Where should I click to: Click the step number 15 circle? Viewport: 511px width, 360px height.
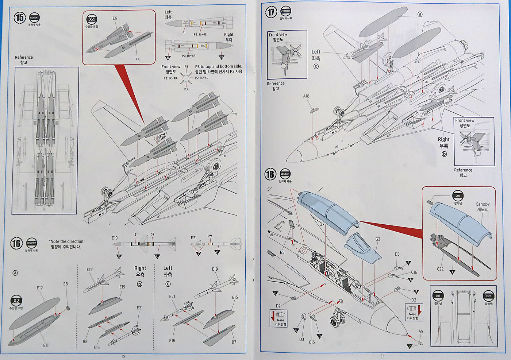tap(19, 18)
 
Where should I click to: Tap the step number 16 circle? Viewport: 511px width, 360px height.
tap(16, 243)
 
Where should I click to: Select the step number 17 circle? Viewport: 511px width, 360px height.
tap(270, 12)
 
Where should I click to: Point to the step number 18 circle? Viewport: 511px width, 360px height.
tap(270, 174)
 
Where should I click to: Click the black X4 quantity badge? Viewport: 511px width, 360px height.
tap(92, 20)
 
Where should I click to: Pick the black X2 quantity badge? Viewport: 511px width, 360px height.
tap(16, 301)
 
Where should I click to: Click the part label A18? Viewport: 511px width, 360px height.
tap(306, 96)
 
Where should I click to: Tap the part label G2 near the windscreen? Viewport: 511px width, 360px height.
tap(377, 239)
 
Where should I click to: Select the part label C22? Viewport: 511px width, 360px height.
tap(440, 269)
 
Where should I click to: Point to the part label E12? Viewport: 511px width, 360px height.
tap(40, 288)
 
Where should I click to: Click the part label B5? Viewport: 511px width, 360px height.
tap(282, 252)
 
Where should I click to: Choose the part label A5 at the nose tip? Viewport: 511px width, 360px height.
tap(421, 332)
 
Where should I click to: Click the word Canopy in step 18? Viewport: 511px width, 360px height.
tap(483, 204)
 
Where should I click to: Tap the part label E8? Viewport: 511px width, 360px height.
tap(65, 284)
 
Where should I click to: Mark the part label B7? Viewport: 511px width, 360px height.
tap(234, 342)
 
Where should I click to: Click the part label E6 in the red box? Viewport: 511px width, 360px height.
tap(115, 18)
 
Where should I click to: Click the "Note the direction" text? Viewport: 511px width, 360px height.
tap(67, 241)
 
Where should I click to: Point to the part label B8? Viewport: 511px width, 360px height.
tap(85, 342)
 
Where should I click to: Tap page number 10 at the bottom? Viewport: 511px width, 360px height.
tap(123, 356)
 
